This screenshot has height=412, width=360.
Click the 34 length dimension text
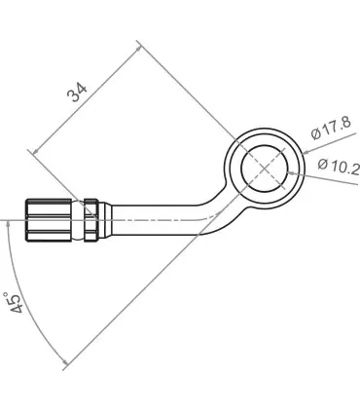[77, 92]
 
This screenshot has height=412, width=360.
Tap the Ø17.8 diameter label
[331, 129]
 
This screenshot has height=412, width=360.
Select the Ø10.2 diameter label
[339, 167]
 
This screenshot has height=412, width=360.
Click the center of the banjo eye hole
[265, 168]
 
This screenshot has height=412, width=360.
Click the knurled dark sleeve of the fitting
[49, 220]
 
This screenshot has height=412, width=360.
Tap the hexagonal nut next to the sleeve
[90, 220]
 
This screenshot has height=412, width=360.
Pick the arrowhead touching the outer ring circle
[306, 152]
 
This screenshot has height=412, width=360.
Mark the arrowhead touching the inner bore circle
[292, 173]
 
